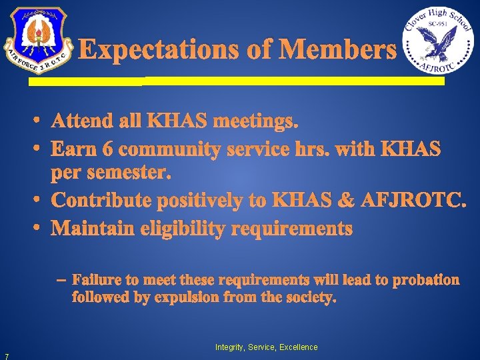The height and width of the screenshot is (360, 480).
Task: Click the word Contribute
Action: coord(107,200)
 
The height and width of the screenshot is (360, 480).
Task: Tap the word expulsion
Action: coord(187,297)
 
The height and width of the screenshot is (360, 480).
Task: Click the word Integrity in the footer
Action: coord(229,347)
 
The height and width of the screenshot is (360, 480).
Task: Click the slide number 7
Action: coord(5,355)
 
